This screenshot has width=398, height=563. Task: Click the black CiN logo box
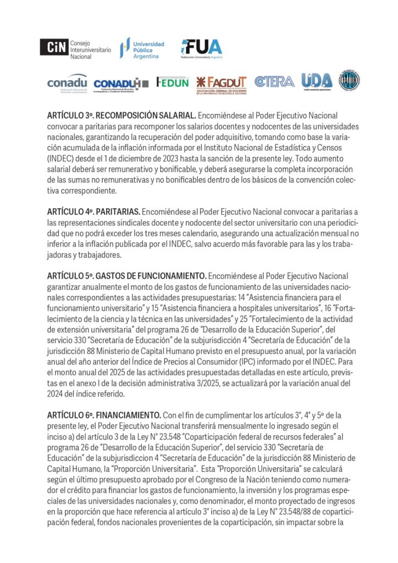pyautogui.click(x=54, y=47)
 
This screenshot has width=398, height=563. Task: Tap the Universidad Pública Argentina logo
pyautogui.click(x=142, y=49)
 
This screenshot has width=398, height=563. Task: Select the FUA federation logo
pyautogui.click(x=202, y=49)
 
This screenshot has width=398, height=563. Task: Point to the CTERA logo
pyautogui.click(x=274, y=82)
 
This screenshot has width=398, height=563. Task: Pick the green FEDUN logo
pyautogui.click(x=172, y=82)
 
